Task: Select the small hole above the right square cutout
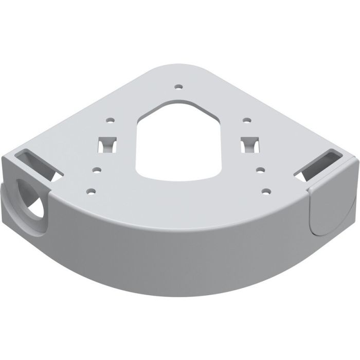247,121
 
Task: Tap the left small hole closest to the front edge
90,191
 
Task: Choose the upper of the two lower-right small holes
261,169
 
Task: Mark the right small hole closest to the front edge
266,191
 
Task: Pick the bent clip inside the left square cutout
107,145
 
